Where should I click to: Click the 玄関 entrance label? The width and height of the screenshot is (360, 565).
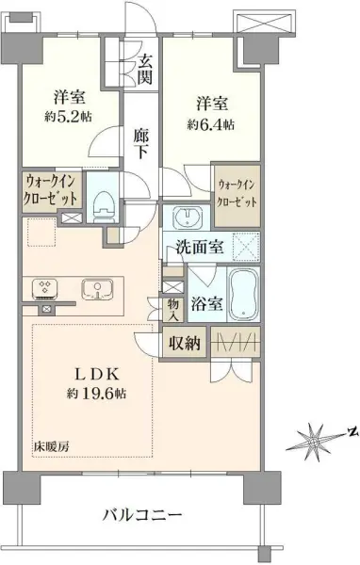(x=145, y=68)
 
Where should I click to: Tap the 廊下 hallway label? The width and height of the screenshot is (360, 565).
(x=139, y=141)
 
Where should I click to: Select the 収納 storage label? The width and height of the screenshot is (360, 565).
(x=187, y=344)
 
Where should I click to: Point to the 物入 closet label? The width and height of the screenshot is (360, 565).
(x=173, y=310)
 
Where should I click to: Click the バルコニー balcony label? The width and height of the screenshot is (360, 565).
(x=141, y=515)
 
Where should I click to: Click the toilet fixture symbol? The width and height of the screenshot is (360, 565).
(x=105, y=201)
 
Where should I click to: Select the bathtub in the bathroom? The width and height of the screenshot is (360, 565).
(x=242, y=295)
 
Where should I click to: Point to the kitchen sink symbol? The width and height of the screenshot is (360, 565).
(x=94, y=288)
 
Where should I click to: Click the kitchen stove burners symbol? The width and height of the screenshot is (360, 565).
(x=44, y=288)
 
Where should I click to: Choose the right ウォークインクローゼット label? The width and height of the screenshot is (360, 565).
(x=236, y=193)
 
